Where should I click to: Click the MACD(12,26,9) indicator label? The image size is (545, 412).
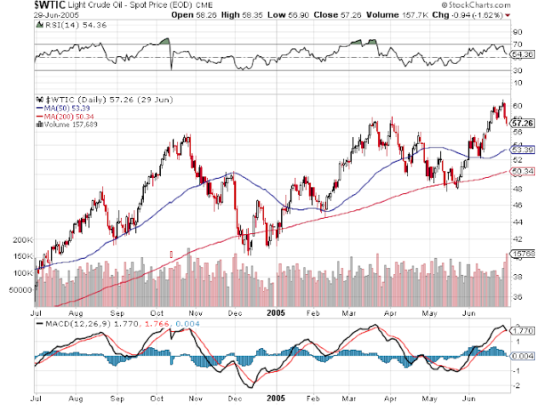coord(72,323)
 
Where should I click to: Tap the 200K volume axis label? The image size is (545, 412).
coord(22,242)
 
